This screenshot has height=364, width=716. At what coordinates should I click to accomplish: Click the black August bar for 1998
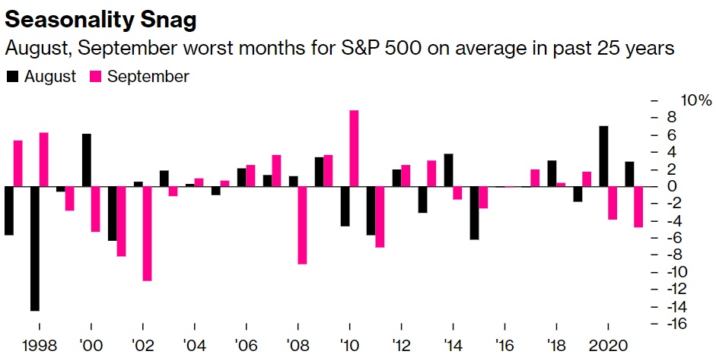tap(34, 248)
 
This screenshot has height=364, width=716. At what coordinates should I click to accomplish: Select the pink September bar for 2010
tap(354, 148)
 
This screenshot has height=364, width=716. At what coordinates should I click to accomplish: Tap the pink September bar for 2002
tap(147, 233)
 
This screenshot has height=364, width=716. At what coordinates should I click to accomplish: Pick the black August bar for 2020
tap(603, 156)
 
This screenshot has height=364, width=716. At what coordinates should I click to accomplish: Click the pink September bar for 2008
tap(302, 225)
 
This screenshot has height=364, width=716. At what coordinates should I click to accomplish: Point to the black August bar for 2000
tap(87, 160)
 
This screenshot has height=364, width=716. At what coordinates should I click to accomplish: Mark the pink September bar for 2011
tap(380, 217)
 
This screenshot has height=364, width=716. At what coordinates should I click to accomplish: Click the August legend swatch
tap(12, 76)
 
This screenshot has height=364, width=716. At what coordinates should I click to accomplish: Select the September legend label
tap(148, 76)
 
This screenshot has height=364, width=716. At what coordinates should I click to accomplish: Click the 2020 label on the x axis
tap(609, 343)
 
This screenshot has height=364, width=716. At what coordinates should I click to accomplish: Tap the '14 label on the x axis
tap(453, 343)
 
